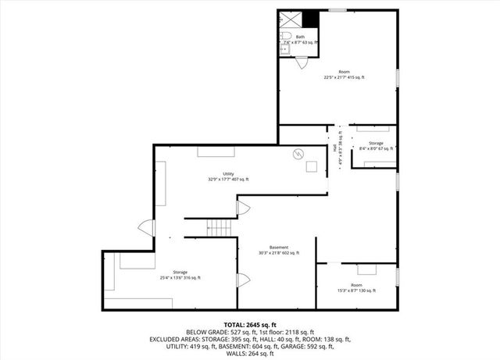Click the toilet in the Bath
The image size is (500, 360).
[x=287, y=37]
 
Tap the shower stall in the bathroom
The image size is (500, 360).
[x=291, y=20]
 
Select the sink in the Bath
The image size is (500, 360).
[x=284, y=49]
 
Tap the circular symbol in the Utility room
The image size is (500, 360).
[x=297, y=154]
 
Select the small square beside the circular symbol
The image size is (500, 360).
[x=312, y=166]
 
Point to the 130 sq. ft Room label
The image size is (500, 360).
[x=355, y=287]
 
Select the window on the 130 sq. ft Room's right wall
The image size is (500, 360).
[x=397, y=276]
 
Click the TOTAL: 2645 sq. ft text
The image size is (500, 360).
[x=250, y=324]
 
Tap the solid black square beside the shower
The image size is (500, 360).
[x=311, y=18]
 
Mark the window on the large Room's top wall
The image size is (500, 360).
[x=337, y=10]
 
